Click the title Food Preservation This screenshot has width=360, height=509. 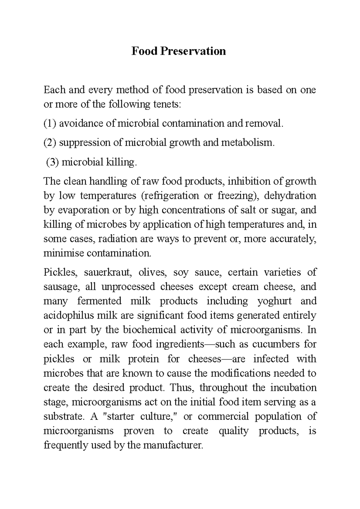pyautogui.click(x=179, y=51)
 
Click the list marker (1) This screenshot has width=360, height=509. pyautogui.click(x=50, y=123)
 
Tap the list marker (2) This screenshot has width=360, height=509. pyautogui.click(x=50, y=142)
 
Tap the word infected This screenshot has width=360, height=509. pyautogui.click(x=271, y=359)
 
